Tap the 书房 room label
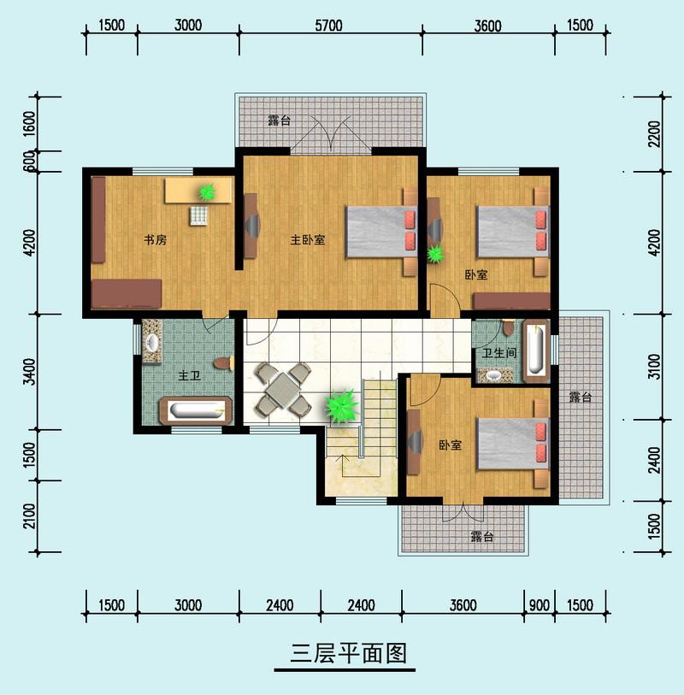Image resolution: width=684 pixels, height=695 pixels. [155, 240]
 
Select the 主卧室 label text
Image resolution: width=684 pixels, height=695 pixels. [308, 240]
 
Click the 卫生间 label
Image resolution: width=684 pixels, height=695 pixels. [498, 352]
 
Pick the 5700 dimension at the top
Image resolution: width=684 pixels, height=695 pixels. [332, 25]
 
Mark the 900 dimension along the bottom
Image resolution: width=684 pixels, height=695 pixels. [540, 605]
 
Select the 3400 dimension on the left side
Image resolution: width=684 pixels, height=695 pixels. [29, 372]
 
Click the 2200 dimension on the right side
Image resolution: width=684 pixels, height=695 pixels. [655, 134]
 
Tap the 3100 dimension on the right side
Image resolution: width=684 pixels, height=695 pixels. [655, 367]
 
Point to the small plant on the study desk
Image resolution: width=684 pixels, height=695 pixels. [206, 193]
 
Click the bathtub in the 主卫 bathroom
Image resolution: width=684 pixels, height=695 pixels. [199, 410]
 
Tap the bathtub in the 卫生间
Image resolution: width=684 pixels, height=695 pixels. [535, 349]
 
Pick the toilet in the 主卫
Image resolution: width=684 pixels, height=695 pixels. [223, 363]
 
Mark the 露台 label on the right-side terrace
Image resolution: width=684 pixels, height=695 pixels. [581, 398]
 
